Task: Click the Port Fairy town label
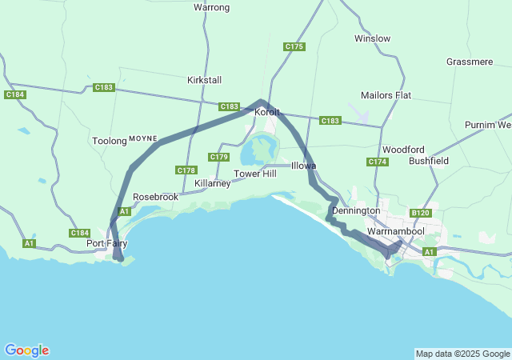[x=107, y=243]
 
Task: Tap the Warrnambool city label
[x=395, y=231]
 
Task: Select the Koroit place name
[x=266, y=113]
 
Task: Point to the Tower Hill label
[x=254, y=174]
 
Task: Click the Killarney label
[x=213, y=183]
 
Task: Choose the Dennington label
[x=356, y=210]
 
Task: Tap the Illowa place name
[x=303, y=166]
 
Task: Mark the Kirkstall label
[x=204, y=80]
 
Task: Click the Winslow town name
[x=372, y=38]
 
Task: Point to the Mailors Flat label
[x=386, y=95]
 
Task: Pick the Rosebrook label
[x=155, y=196]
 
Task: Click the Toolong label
[x=110, y=141]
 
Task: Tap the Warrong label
[x=212, y=8]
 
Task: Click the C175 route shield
[x=294, y=47]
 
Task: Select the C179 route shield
[x=218, y=156]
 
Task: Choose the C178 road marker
[x=186, y=170]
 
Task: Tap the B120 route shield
[x=421, y=213]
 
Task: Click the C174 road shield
[x=378, y=162]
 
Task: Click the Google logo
[x=26, y=350]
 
